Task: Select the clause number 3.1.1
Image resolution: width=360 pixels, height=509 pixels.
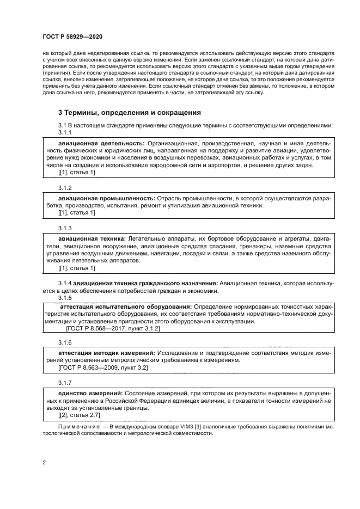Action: tap(65, 132)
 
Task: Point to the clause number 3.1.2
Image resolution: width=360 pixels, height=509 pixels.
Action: tap(65, 187)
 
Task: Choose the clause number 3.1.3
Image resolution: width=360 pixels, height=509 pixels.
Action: tap(65, 228)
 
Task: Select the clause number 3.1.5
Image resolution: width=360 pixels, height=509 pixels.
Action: tap(65, 298)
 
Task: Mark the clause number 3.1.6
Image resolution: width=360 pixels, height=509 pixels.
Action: tap(65, 343)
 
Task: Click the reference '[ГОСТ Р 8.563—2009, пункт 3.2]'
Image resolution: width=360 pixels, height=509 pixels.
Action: tap(103, 368)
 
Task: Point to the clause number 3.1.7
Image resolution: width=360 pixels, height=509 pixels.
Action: tap(65, 382)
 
